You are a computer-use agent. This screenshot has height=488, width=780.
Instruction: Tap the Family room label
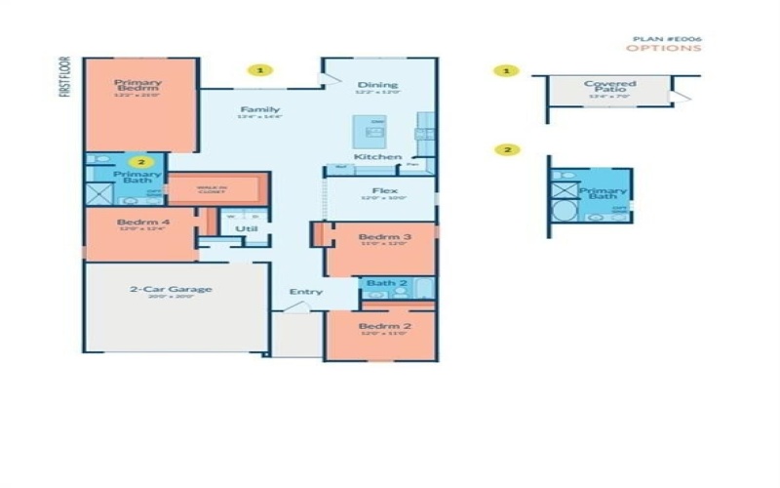tap(258, 110)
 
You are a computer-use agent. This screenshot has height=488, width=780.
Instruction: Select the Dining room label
tap(377, 85)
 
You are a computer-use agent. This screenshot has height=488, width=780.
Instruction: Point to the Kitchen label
tap(376, 157)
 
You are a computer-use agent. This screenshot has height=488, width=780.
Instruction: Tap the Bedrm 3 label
tap(383, 237)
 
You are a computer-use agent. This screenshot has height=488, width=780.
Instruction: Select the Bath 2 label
tap(386, 283)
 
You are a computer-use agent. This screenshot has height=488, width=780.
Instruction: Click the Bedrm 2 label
tap(382, 326)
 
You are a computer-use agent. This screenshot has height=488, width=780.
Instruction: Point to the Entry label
tap(304, 292)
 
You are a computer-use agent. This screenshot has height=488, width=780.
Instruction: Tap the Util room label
tap(246, 229)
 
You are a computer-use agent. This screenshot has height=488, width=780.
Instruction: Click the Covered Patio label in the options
tap(609, 86)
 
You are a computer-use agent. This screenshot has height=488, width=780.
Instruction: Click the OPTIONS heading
tap(663, 48)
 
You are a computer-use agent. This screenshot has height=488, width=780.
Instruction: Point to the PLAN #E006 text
tap(667, 38)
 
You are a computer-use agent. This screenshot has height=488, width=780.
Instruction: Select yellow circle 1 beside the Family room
tap(260, 70)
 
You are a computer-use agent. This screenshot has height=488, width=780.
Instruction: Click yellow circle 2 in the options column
tap(506, 149)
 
